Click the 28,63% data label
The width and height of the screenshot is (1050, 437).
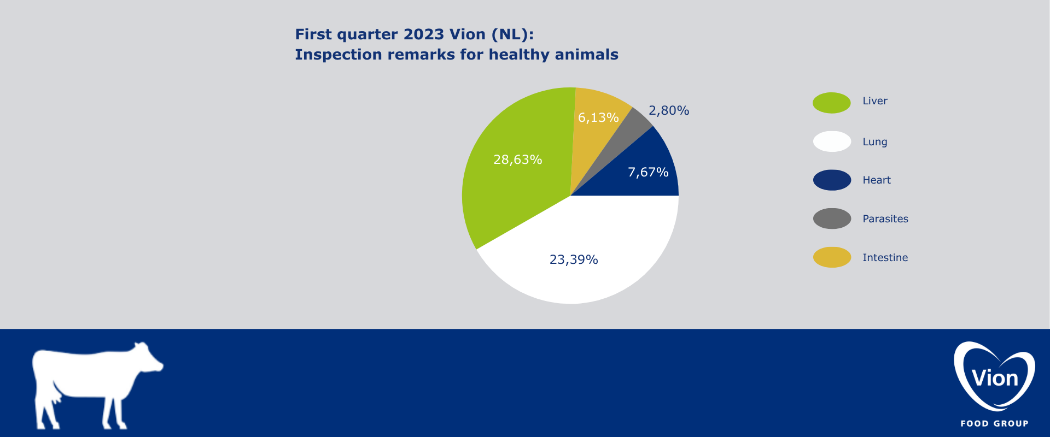518,160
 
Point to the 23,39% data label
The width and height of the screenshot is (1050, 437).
574,259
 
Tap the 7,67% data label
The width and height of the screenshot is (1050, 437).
648,172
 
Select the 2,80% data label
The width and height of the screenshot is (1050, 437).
669,110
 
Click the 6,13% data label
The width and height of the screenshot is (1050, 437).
598,117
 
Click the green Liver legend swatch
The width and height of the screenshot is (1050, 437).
832,103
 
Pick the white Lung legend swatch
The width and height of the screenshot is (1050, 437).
832,141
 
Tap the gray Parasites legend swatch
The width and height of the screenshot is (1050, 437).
832,218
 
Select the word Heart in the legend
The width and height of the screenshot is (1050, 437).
877,180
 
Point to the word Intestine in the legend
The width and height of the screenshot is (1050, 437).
885,257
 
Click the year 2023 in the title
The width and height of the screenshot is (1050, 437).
424,34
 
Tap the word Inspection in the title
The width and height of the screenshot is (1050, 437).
339,55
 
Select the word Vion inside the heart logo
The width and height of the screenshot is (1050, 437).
995,378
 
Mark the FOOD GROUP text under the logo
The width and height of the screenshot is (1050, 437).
994,423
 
